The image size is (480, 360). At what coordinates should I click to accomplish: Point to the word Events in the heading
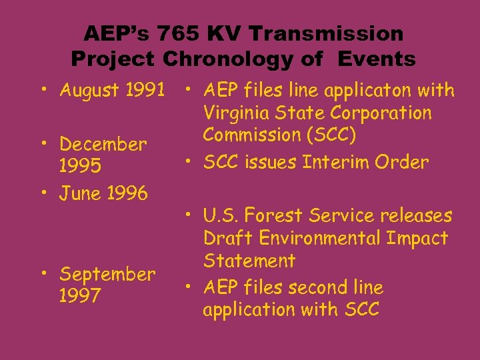point(377,59)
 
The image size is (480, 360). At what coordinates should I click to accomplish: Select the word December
point(103,144)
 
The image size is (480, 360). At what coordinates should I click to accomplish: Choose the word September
point(107,274)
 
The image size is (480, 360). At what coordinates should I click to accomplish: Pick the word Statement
point(249,260)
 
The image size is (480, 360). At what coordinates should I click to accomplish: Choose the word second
point(317,288)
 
